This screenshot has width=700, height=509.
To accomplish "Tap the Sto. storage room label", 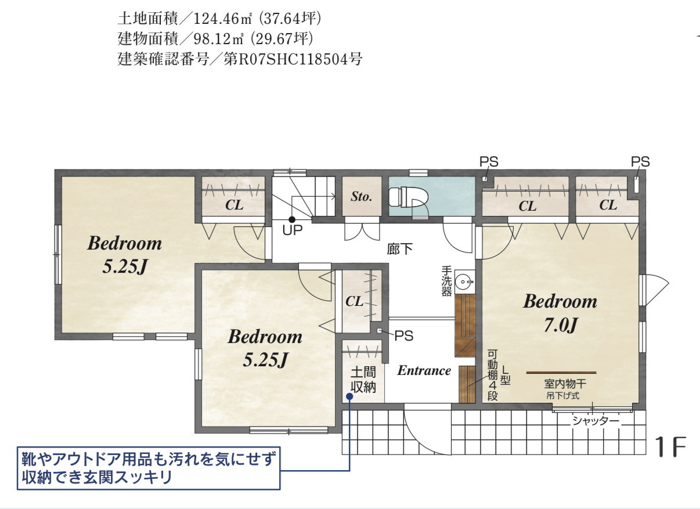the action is pyautogui.click(x=361, y=197).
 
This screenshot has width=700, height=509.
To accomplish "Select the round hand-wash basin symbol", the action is pyautogui.click(x=463, y=282).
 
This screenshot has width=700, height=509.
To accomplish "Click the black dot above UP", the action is pyautogui.click(x=292, y=219).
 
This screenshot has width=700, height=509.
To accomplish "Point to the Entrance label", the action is pyautogui.click(x=424, y=371).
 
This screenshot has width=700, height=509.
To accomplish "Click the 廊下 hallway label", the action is pyautogui.click(x=400, y=249).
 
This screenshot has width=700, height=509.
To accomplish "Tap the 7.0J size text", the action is pyautogui.click(x=560, y=325).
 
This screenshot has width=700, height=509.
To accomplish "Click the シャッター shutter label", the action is pyautogui.click(x=596, y=421).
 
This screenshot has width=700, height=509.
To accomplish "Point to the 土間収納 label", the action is pyautogui.click(x=363, y=380).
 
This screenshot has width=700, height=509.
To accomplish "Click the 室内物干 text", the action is pyautogui.click(x=565, y=384).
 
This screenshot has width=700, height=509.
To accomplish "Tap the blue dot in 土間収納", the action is pyautogui.click(x=349, y=396).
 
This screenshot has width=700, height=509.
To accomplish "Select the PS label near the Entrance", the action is pyautogui.click(x=404, y=336).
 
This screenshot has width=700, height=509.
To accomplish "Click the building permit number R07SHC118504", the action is pyautogui.click(x=293, y=59).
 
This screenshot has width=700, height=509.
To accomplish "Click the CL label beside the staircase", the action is pyautogui.click(x=234, y=205).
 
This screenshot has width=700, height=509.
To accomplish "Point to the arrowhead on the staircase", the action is pyautogui.click(x=333, y=197).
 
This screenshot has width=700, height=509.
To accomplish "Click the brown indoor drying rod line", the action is pyautogui.click(x=561, y=373).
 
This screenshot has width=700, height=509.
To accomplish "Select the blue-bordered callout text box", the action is pyautogui.click(x=149, y=468).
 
